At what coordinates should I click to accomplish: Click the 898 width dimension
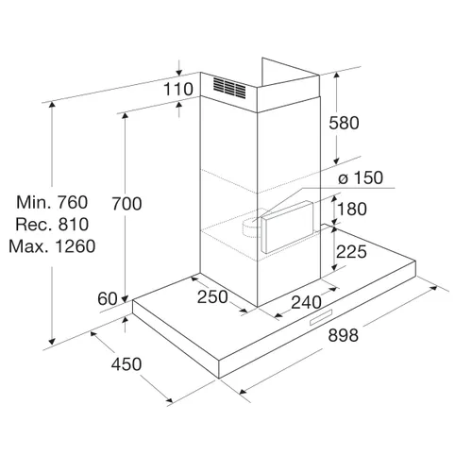[343, 335]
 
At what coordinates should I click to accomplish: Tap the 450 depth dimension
[126, 364]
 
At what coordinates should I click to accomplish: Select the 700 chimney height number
[126, 204]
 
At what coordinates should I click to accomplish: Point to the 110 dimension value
[178, 89]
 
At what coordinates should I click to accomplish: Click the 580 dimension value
[344, 123]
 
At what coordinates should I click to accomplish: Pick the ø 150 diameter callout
[361, 177]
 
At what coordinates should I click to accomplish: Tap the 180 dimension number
[352, 209]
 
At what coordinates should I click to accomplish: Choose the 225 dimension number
[351, 252]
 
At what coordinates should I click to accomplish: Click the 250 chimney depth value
[212, 296]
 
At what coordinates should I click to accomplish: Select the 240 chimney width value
[306, 303]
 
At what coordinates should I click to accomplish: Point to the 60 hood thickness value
[108, 298]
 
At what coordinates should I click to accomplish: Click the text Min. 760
[52, 202]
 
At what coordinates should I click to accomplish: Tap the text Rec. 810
[52, 225]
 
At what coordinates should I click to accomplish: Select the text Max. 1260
[52, 246]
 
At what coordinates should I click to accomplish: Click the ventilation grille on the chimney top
[229, 87]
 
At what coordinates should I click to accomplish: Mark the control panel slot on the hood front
[321, 317]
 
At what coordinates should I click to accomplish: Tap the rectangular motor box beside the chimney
[287, 228]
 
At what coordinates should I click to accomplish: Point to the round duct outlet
[252, 226]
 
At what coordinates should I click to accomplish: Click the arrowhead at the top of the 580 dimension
[337, 75]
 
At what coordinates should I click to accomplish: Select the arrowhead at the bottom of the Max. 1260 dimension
[52, 342]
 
